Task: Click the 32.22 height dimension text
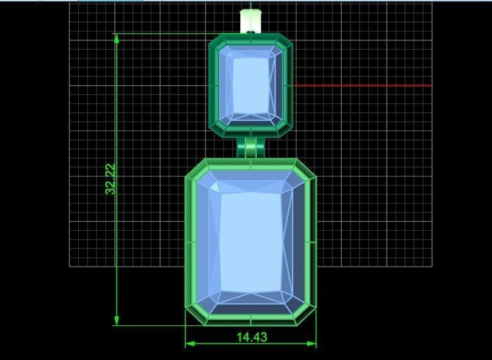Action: click(x=111, y=179)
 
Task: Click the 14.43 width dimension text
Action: click(x=252, y=337)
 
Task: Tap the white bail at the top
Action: click(x=250, y=21)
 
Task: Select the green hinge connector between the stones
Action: click(x=251, y=148)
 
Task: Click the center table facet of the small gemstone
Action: click(x=251, y=86)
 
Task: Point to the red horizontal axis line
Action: click(x=362, y=85)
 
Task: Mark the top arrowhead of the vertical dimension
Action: click(x=117, y=38)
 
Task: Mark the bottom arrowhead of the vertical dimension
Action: click(x=117, y=320)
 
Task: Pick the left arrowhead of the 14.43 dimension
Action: click(x=190, y=344)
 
